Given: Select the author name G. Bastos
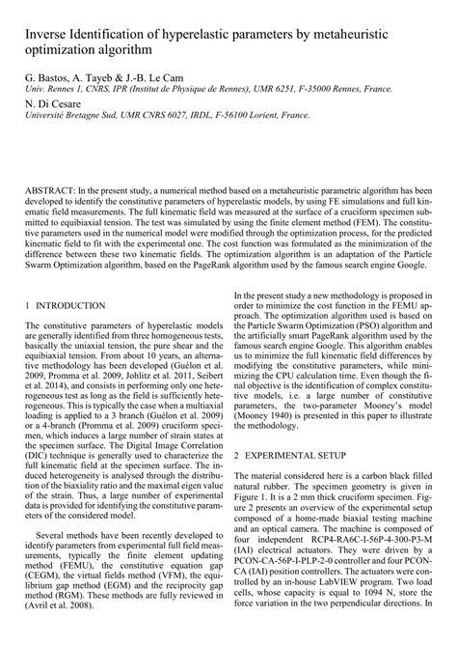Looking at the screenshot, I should [40, 74].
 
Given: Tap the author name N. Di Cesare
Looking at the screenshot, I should [44, 102].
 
